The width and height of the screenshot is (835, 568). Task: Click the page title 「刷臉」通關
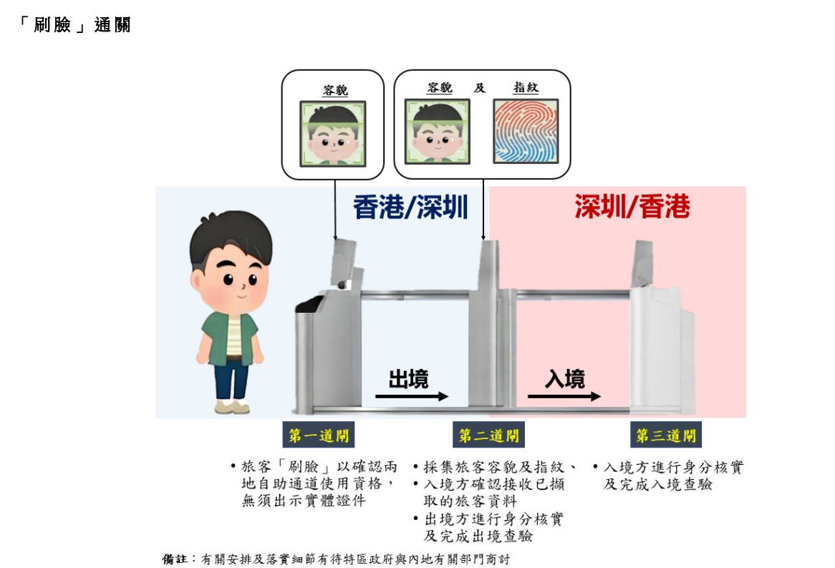coord(74,24)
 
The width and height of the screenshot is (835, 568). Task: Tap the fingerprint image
coord(526,131)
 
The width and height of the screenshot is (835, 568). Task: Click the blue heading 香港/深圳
coord(410,207)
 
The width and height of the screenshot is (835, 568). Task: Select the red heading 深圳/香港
coord(632,206)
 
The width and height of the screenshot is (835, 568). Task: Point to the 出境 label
coord(408,379)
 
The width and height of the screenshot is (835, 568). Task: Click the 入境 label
coord(564,379)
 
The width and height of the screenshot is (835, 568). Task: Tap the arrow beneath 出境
coord(412,396)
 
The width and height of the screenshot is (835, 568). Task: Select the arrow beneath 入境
coord(564,396)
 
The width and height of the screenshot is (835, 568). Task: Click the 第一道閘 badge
coord(319,435)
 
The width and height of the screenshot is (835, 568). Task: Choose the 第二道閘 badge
coord(489,435)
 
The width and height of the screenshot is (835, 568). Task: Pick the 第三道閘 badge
coord(666,435)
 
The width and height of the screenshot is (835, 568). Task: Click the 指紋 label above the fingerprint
coord(526,87)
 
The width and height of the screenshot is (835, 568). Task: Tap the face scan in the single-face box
coord(333,134)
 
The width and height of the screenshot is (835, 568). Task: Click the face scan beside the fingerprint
coord(438,131)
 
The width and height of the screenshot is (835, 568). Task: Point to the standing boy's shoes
coord(232,407)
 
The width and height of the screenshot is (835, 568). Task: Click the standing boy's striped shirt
coord(233,336)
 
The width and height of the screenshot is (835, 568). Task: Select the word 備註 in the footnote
coord(175,559)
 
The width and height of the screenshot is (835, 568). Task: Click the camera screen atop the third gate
coord(642,264)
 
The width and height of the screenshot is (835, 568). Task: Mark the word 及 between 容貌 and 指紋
coord(480,87)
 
